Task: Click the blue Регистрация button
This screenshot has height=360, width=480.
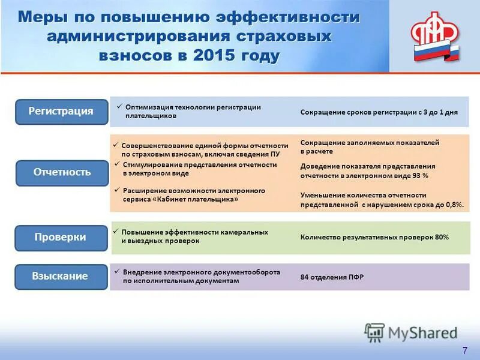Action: point(61,112)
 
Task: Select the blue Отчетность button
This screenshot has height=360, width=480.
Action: point(61,172)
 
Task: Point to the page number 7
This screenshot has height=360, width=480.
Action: point(464,350)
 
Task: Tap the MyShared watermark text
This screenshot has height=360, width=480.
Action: point(423,332)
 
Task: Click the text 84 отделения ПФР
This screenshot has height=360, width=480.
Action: point(332,277)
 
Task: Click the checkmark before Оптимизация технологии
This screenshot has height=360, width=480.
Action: point(119,106)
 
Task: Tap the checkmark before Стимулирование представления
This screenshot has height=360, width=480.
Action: point(117,163)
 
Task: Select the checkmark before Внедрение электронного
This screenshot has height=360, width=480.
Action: point(117,271)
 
